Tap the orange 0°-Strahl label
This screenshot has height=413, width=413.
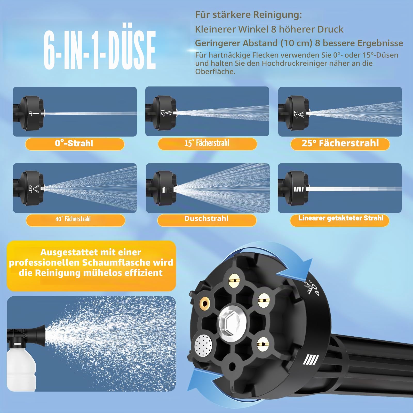(x=75, y=144)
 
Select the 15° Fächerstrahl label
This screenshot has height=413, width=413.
(x=207, y=144)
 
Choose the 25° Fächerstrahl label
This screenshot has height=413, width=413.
(x=340, y=144)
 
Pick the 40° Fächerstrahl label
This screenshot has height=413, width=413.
(x=75, y=220)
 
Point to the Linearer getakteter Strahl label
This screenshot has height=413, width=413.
(x=340, y=220)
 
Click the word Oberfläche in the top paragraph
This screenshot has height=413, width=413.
(x=215, y=72)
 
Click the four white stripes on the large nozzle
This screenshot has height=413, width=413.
(x=311, y=360)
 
